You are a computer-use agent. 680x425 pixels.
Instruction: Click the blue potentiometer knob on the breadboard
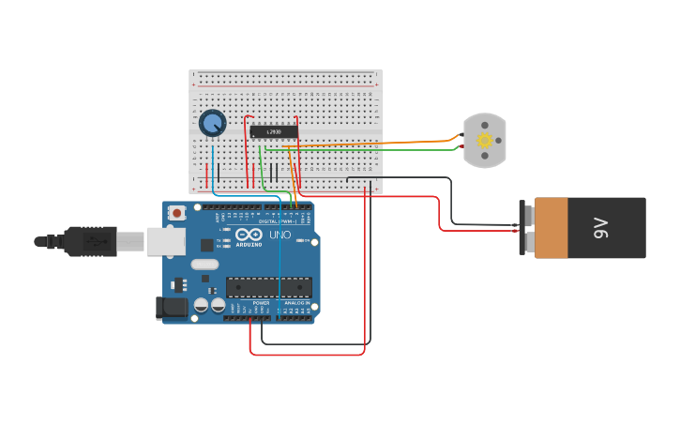(x=213, y=123)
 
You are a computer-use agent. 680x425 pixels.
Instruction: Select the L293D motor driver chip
(x=274, y=131)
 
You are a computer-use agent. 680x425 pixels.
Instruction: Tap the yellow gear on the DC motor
(x=485, y=141)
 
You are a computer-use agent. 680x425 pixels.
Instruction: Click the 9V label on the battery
(x=601, y=228)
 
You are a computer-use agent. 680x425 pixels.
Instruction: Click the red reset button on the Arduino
(x=176, y=213)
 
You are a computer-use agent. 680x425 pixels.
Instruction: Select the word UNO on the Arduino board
(x=280, y=235)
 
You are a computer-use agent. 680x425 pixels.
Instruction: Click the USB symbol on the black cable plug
(x=94, y=241)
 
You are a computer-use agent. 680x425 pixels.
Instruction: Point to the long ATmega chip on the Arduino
(x=268, y=287)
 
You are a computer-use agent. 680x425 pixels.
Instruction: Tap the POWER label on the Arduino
(x=261, y=303)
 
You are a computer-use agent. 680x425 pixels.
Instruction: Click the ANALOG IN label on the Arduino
(x=297, y=303)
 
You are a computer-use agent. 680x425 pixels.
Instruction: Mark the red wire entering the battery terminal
(x=488, y=230)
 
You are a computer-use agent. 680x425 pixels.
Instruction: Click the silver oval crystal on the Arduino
(x=204, y=265)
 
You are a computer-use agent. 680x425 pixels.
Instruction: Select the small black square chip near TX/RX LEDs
(x=206, y=245)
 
